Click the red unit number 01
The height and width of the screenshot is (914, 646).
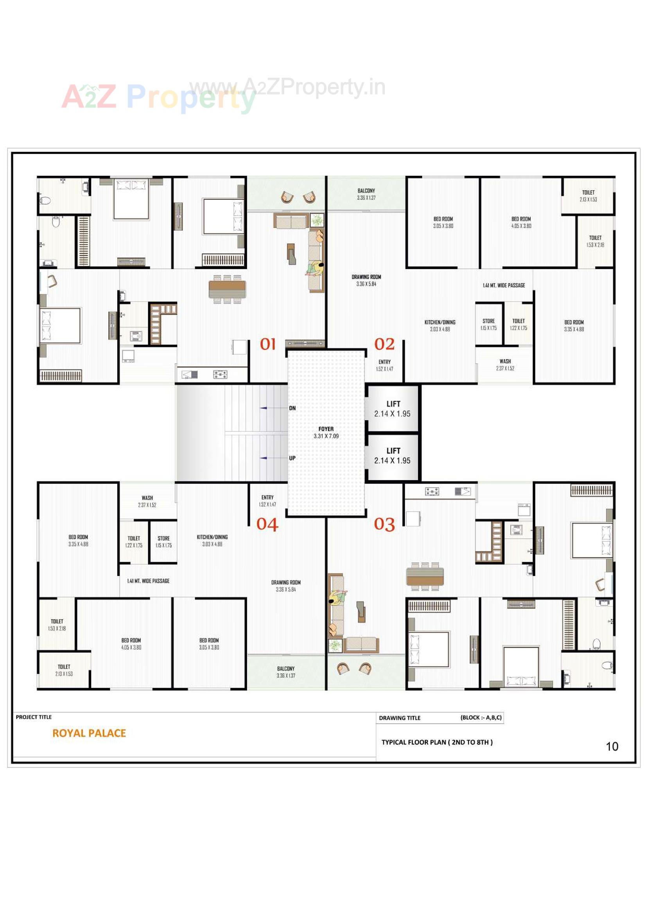(267, 344)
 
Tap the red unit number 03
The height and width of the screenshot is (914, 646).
(384, 524)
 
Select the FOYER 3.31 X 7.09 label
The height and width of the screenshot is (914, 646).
(326, 432)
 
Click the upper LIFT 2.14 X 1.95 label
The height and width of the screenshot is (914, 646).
(392, 409)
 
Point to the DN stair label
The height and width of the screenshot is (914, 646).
(292, 408)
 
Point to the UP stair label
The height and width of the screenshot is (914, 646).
(292, 458)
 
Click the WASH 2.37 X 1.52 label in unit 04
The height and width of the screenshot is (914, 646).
(147, 501)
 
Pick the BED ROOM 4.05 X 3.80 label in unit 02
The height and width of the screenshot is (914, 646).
(521, 222)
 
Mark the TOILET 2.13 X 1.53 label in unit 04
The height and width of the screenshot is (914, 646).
(64, 670)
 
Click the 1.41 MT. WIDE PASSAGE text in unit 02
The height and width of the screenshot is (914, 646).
(504, 285)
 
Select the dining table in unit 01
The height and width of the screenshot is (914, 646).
(228, 289)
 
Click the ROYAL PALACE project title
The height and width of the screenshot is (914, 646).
(89, 733)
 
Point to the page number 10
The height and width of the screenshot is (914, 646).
(612, 746)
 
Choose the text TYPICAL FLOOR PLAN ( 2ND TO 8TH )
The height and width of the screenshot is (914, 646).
(437, 742)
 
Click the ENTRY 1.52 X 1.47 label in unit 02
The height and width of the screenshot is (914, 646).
(384, 365)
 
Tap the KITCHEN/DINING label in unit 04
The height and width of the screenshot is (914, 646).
(212, 540)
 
